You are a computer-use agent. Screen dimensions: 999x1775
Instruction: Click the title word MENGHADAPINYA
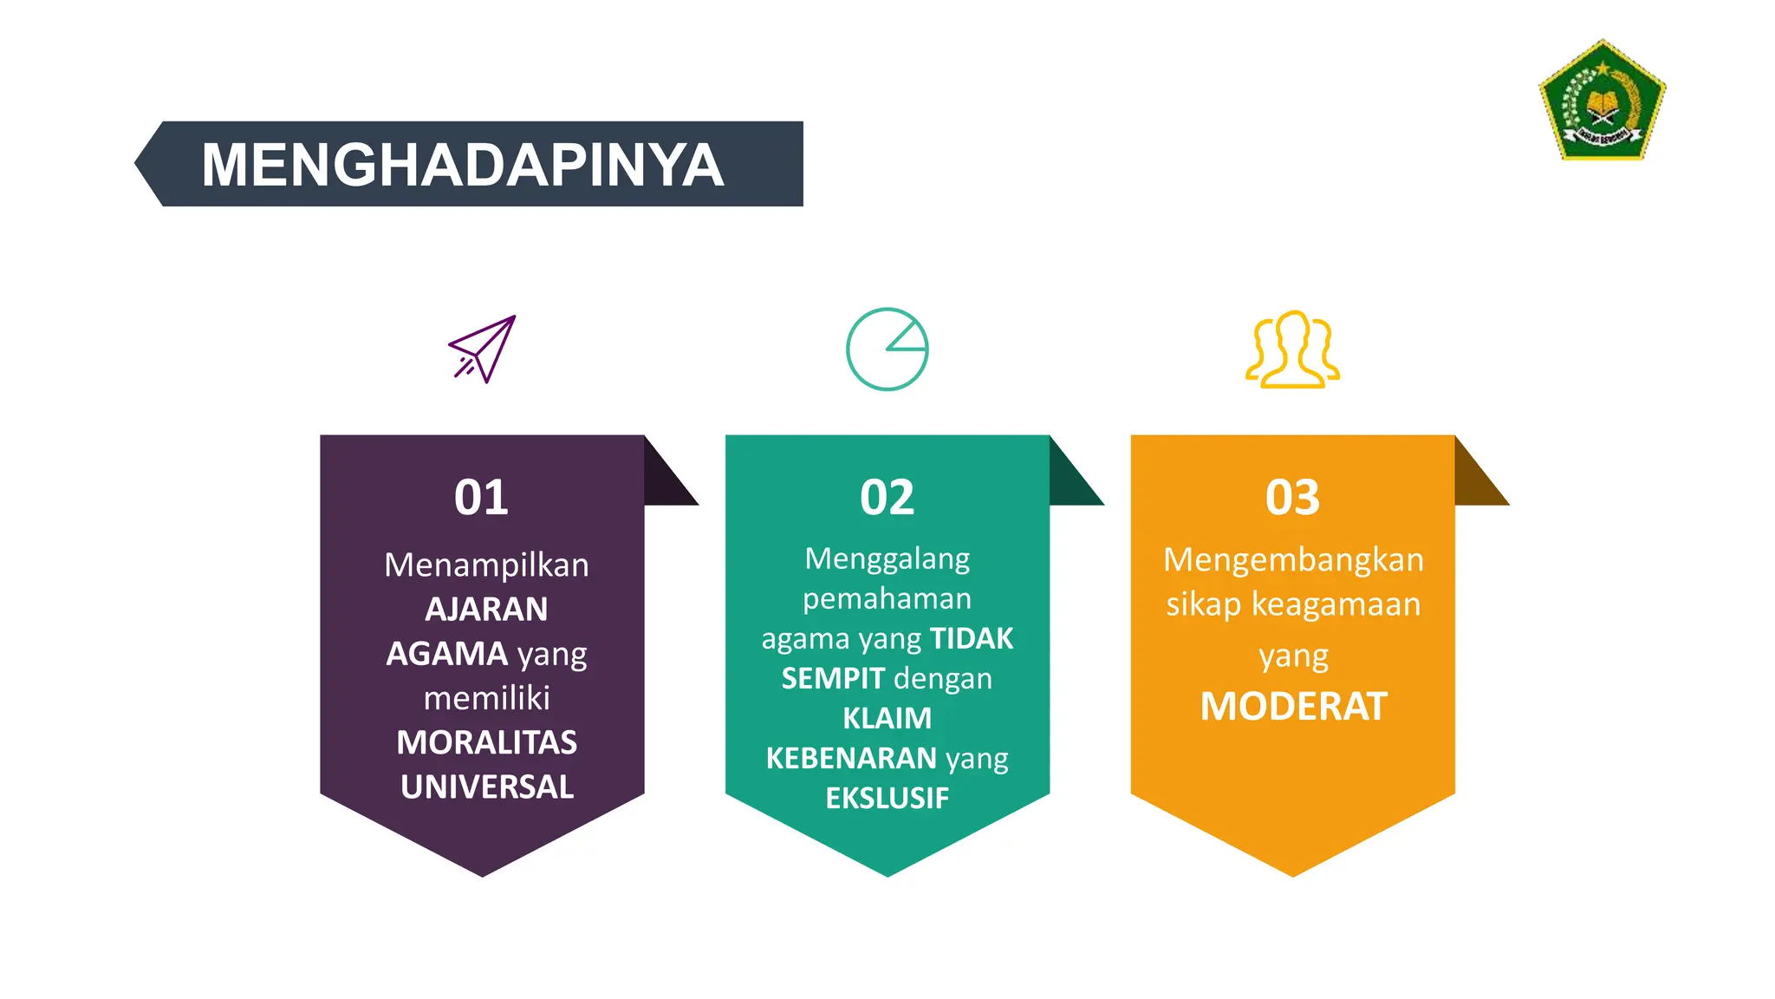pos(462,165)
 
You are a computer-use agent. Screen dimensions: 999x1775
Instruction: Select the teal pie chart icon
pos(887,349)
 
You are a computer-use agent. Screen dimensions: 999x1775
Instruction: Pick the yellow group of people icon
pos(1292,349)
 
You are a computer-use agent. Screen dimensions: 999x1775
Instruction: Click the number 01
pos(481,498)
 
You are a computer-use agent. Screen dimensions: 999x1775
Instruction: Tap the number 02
pos(887,498)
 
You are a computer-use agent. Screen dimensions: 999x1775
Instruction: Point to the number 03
pos(1292,498)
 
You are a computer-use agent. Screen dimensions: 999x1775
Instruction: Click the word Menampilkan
pos(486,565)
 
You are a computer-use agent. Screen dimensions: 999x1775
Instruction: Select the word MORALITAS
pos(486,743)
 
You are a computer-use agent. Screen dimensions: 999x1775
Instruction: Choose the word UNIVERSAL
pos(486,787)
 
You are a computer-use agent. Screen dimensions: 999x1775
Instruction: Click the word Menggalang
pos(887,559)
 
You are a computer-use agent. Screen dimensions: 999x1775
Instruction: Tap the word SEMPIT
pos(833,678)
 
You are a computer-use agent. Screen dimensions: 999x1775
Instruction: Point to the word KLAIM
pos(887,719)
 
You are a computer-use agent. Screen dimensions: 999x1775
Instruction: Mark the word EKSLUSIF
pos(887,798)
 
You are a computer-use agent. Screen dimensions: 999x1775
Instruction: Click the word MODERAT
pos(1293,707)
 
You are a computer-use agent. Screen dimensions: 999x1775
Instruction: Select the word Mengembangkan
pos(1293,560)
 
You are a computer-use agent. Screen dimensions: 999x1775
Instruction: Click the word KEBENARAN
pos(850,759)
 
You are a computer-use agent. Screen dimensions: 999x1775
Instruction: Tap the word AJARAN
pos(486,610)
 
